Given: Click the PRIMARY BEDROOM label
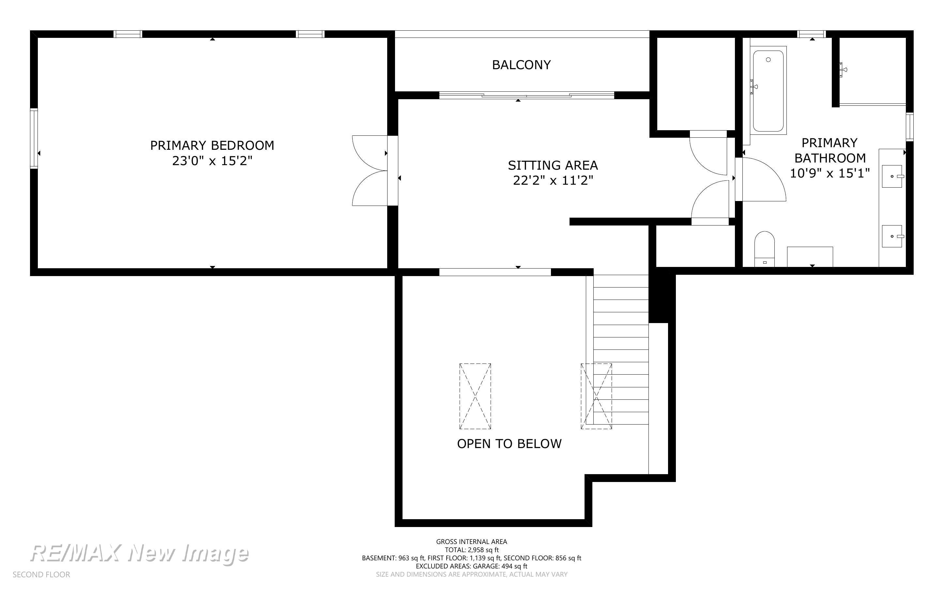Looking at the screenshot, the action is pyautogui.click(x=212, y=145).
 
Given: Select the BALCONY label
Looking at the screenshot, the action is pyautogui.click(x=521, y=65).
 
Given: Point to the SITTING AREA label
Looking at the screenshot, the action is pyautogui.click(x=553, y=165).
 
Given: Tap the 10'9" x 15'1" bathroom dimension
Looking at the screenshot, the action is pyautogui.click(x=830, y=173).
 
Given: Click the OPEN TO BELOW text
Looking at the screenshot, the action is pyautogui.click(x=509, y=444).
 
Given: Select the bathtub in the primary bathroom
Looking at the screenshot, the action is pyautogui.click(x=768, y=90).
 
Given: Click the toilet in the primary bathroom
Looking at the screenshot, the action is pyautogui.click(x=764, y=249).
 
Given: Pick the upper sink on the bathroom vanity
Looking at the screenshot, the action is pyautogui.click(x=892, y=176).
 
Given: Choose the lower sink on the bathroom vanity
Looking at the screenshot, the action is pyautogui.click(x=892, y=236).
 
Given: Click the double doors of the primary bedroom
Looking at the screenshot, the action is pyautogui.click(x=371, y=171).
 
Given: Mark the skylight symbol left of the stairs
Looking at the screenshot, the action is pyautogui.click(x=475, y=396).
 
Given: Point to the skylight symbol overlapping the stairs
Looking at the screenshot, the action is pyautogui.click(x=596, y=396).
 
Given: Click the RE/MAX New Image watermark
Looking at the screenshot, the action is pyautogui.click(x=140, y=554).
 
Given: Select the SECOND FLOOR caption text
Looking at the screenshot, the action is pyautogui.click(x=41, y=575).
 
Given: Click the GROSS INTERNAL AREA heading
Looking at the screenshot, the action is pyautogui.click(x=471, y=542).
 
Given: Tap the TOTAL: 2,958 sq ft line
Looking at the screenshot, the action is pyautogui.click(x=471, y=550).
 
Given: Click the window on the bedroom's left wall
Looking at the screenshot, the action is pyautogui.click(x=34, y=138).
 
